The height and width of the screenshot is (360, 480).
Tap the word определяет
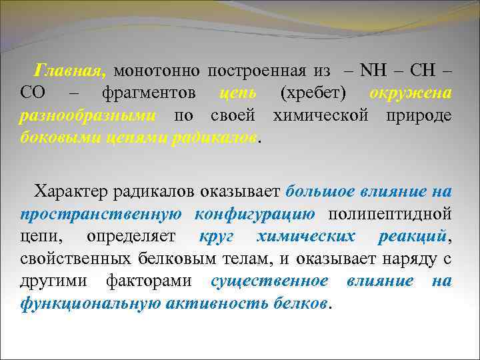tap(131, 237)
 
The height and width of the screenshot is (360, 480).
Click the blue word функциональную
tap(81, 304)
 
